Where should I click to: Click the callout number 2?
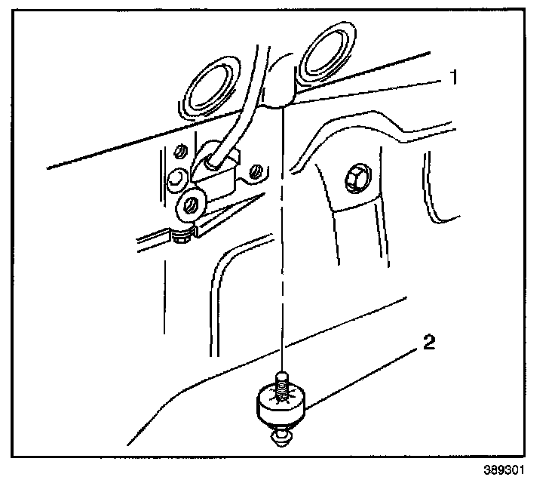pyautogui.click(x=428, y=343)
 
